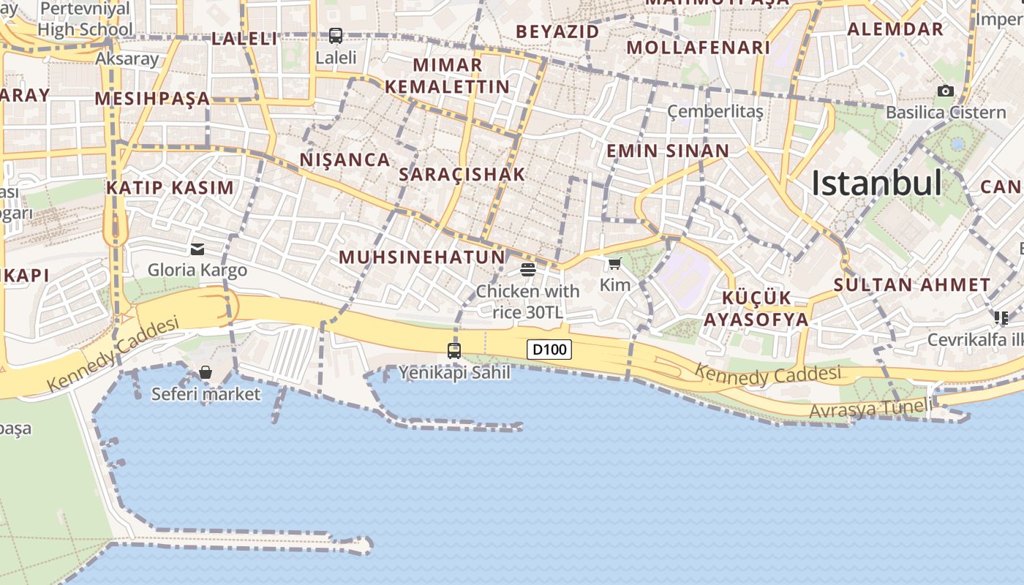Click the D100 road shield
pyautogui.click(x=549, y=350)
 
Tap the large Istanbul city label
pyautogui.click(x=876, y=183)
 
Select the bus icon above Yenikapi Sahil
pyautogui.click(x=454, y=350)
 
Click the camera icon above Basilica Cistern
pyautogui.click(x=946, y=91)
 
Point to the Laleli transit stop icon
pyautogui.click(x=336, y=35)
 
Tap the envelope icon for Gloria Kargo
pyautogui.click(x=197, y=249)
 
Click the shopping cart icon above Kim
pyautogui.click(x=614, y=264)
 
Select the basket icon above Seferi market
pyautogui.click(x=206, y=372)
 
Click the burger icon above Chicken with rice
pyautogui.click(x=528, y=269)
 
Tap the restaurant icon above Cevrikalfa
pyautogui.click(x=1001, y=318)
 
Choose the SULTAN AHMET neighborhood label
pyautogui.click(x=912, y=285)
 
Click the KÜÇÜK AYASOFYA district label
pyautogui.click(x=756, y=309)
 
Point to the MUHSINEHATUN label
pyautogui.click(x=422, y=257)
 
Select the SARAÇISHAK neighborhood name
pyautogui.click(x=462, y=174)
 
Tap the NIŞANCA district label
pyautogui.click(x=345, y=160)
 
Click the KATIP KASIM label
pyautogui.click(x=170, y=188)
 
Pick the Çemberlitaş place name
pyautogui.click(x=715, y=111)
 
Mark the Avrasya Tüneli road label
pyautogui.click(x=870, y=409)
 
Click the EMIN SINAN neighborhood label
pyautogui.click(x=668, y=151)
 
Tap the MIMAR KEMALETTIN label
pyautogui.click(x=447, y=75)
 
